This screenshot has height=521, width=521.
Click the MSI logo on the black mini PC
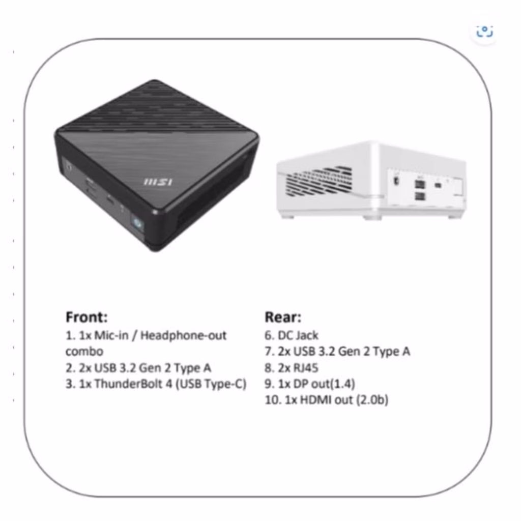click(x=158, y=182)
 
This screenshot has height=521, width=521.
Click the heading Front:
click(x=86, y=317)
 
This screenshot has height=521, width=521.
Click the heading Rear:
click(x=283, y=317)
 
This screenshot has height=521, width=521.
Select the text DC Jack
click(x=298, y=335)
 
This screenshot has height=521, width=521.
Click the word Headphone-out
click(x=183, y=335)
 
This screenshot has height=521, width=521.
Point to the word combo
click(x=84, y=351)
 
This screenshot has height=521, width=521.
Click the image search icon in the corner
click(x=484, y=31)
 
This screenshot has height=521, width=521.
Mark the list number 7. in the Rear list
click(x=269, y=352)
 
